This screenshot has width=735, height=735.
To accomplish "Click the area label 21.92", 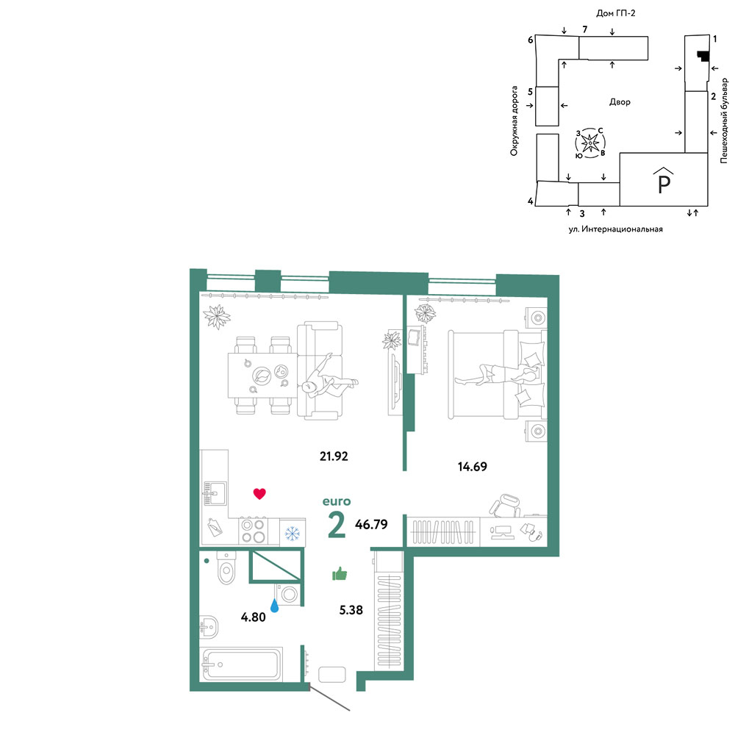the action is pyautogui.click(x=334, y=456).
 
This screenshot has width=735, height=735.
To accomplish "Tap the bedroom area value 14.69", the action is pyautogui.click(x=472, y=467).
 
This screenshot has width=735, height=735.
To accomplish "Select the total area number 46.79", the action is pyautogui.click(x=371, y=524).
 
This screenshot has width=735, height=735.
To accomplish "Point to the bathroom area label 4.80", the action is pyautogui.click(x=253, y=617).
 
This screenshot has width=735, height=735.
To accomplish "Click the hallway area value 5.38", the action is pyautogui.click(x=351, y=610).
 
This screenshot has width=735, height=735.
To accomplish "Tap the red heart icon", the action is pyautogui.click(x=259, y=494).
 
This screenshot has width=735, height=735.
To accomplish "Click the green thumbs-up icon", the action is pyautogui.click(x=340, y=573).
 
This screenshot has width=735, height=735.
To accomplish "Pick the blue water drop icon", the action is pyautogui.click(x=275, y=605).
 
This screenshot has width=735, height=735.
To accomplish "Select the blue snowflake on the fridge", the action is pyautogui.click(x=293, y=533).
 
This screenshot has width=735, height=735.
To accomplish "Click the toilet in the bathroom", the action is pyautogui.click(x=226, y=567).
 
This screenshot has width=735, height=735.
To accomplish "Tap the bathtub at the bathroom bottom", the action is pyautogui.click(x=241, y=664).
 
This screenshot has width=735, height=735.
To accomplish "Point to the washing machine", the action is pyautogui.click(x=287, y=594).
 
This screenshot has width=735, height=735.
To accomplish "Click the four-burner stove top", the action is pyautogui.click(x=253, y=531).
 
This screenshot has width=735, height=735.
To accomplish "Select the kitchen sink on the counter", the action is pyautogui.click(x=215, y=493).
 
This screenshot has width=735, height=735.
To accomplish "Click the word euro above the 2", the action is pyautogui.click(x=337, y=501).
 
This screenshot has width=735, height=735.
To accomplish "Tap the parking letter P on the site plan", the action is pyautogui.click(x=664, y=183).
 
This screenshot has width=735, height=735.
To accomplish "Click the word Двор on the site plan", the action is pyautogui.click(x=620, y=101).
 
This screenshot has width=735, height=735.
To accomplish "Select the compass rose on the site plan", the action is pyautogui.click(x=590, y=143).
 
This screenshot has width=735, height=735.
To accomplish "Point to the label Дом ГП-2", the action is pyautogui.click(x=615, y=13).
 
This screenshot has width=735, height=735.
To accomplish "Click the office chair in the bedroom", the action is pyautogui.click(x=506, y=505).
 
